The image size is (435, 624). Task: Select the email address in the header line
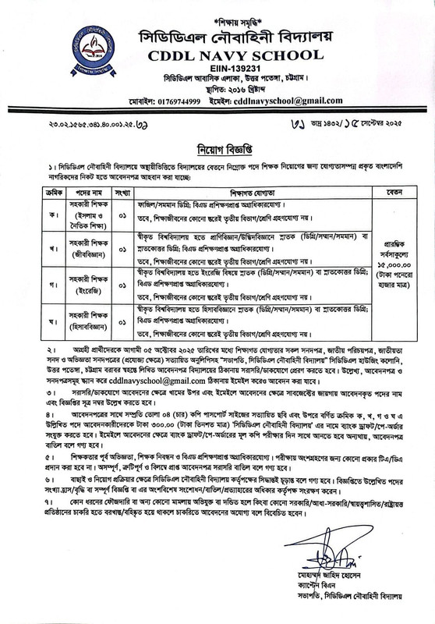click(x=299, y=102)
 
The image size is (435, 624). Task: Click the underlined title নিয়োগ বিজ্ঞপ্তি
click(x=219, y=146)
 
